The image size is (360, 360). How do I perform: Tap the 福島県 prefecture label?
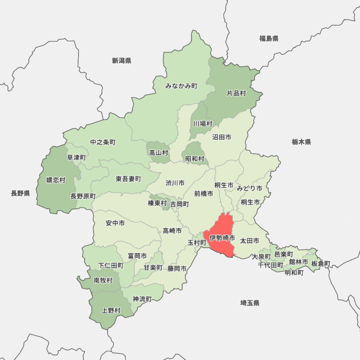[269, 38]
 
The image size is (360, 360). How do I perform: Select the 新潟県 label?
[121, 60]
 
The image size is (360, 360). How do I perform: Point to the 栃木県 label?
[301, 142]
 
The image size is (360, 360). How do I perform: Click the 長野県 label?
[20, 193]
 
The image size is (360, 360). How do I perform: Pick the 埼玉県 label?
[250, 303]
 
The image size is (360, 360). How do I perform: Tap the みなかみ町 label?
[181, 86]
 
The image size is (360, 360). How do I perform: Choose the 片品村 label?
[236, 93]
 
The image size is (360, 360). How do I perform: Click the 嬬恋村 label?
[56, 180]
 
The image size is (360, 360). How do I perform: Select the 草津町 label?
[76, 157]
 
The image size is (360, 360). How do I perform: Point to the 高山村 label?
[158, 153]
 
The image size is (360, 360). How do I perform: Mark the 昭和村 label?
[195, 159]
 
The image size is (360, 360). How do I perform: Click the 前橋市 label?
[203, 193]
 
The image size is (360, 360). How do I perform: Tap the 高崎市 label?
[172, 231]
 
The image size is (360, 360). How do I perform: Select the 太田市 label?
[249, 240]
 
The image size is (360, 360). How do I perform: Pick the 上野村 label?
[111, 310]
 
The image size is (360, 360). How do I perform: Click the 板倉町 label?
[321, 263]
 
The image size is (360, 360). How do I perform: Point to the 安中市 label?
[115, 223]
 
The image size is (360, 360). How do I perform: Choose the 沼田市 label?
[221, 137]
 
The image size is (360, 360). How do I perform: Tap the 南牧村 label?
[103, 280]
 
